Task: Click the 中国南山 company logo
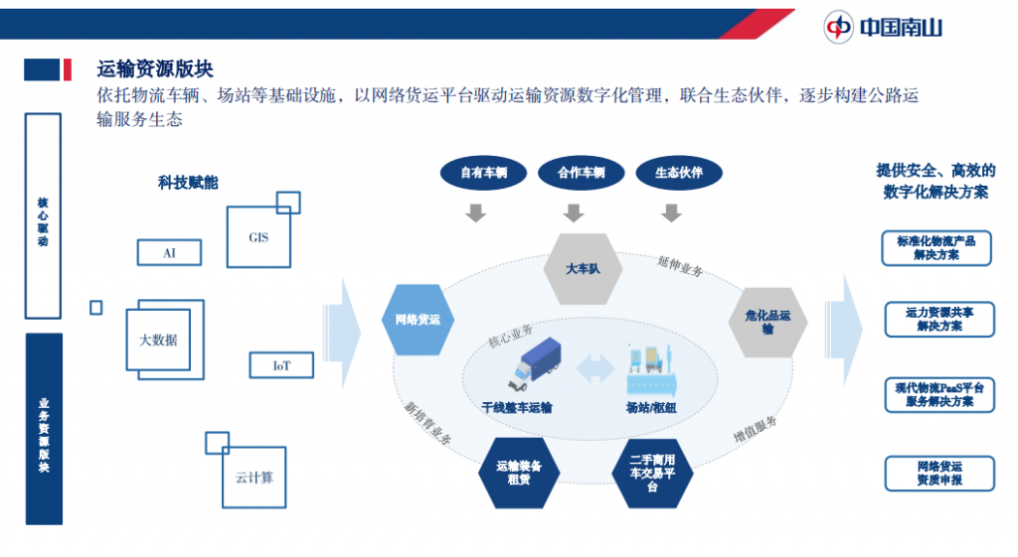click(x=883, y=26)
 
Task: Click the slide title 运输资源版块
click(x=155, y=69)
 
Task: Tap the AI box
click(x=169, y=253)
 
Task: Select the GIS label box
click(x=258, y=237)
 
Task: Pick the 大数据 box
click(x=158, y=340)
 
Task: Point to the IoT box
click(x=281, y=365)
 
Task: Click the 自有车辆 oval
click(x=483, y=173)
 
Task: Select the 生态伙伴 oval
click(x=678, y=173)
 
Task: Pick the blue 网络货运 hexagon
click(x=418, y=320)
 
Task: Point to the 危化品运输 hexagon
click(x=767, y=322)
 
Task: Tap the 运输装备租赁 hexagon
click(x=519, y=472)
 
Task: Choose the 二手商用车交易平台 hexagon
click(x=651, y=473)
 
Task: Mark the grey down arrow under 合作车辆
click(x=574, y=212)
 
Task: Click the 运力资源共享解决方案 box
click(x=938, y=319)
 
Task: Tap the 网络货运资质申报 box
click(x=938, y=473)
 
